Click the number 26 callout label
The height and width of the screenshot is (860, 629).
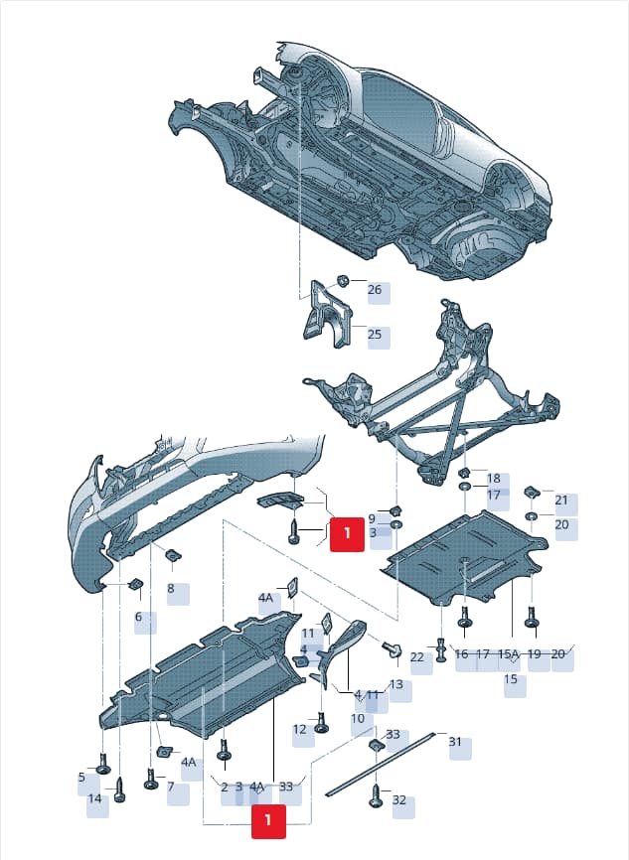tap(375, 289)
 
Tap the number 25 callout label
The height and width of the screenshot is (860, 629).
tap(375, 334)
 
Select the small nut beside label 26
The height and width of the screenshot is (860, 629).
tap(342, 280)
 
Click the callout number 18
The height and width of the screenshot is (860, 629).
tap(494, 479)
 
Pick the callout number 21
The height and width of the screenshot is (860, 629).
tap(561, 501)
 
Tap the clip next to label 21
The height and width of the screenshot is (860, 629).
tap(533, 492)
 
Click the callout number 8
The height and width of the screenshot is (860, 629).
tap(171, 589)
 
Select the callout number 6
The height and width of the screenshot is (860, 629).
tap(138, 617)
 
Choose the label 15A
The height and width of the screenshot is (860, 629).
tap(508, 653)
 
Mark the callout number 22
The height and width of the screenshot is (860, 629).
tap(417, 656)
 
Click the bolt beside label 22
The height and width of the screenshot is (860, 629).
tap(441, 650)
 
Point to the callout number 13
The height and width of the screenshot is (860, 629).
tap(396, 684)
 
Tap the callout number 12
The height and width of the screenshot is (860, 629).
tap(300, 730)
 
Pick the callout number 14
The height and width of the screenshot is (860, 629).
tap(95, 798)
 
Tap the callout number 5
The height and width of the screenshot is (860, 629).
tap(81, 778)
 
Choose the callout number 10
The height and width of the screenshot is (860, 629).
tap(358, 719)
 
